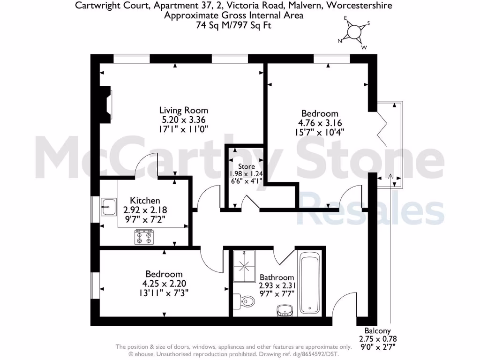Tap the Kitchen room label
145,201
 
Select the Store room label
247,166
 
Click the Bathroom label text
277,277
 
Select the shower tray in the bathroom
244,267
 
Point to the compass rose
354,32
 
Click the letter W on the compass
364,47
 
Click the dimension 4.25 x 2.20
164,284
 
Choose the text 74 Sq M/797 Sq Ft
233,25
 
